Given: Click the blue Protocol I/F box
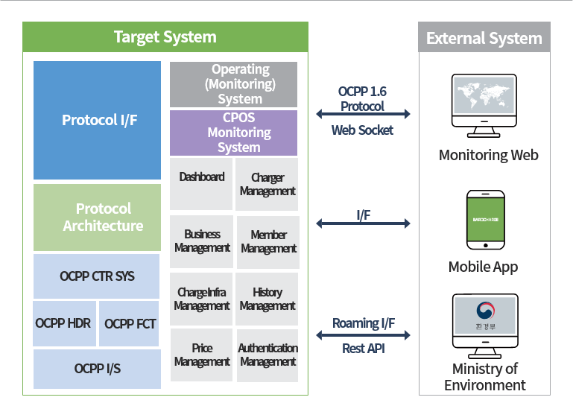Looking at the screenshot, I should (97, 120).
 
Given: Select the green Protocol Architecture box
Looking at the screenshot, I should (97, 217).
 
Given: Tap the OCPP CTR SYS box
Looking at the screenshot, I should (97, 276).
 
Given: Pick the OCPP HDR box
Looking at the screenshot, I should (63, 323).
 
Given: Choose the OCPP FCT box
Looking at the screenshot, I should (129, 323).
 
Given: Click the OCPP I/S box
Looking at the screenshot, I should (97, 369).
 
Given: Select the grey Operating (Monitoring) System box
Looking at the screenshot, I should (233, 84).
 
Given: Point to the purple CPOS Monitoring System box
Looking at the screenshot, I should (233, 133).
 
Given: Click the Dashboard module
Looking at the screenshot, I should (201, 183).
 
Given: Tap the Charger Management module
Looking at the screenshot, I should (267, 183).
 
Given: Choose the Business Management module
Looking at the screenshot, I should (201, 241).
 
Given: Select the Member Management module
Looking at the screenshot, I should (267, 241).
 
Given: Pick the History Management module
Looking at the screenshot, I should (267, 299).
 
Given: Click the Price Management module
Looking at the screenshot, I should (201, 355).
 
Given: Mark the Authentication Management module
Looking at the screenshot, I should (267, 355).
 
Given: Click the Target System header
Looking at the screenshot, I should (165, 37).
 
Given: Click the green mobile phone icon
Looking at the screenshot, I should (485, 220).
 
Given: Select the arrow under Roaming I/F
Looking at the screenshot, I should (363, 336).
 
